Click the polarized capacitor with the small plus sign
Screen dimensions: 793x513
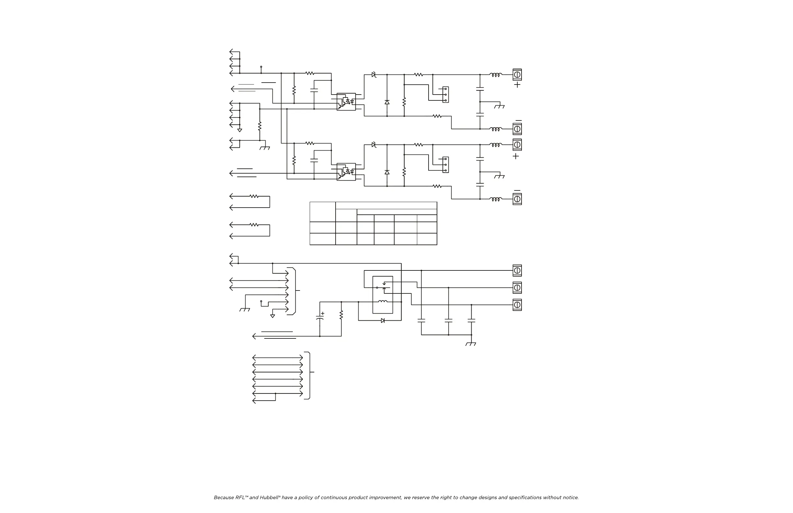click(320, 318)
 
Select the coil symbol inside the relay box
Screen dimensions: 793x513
click(383, 302)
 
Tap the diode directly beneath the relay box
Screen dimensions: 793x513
click(383, 320)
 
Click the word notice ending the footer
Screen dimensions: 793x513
click(571, 498)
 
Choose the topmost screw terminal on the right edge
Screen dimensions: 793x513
click(517, 74)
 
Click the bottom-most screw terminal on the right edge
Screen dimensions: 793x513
click(517, 305)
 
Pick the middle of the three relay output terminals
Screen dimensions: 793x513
click(517, 288)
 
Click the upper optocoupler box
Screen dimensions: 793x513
click(346, 102)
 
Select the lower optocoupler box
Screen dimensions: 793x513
click(346, 172)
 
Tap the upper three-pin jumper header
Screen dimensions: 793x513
click(445, 95)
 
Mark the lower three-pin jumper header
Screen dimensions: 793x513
click(445, 165)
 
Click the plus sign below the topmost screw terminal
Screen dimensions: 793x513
click(517, 85)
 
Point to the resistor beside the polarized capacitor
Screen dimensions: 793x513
click(341, 315)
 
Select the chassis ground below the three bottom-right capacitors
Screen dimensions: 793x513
click(471, 344)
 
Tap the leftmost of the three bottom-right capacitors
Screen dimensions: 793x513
click(421, 320)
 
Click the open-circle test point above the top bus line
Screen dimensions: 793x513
click(261, 67)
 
